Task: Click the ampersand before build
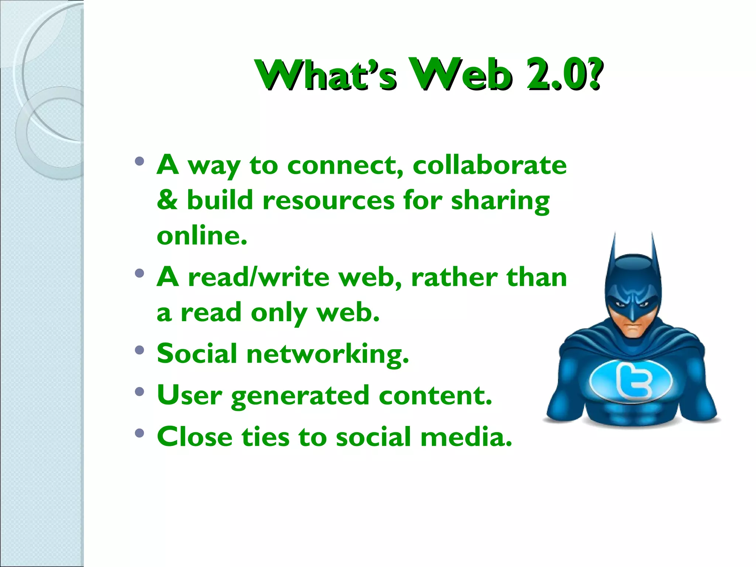coord(167,200)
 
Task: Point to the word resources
coord(329,201)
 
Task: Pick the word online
coord(202,236)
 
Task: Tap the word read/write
coord(258,277)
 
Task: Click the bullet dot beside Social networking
coord(139,350)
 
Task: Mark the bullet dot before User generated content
coord(139,392)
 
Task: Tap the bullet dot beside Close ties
coord(139,433)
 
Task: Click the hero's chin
coord(633,333)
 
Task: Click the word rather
coord(454,277)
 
